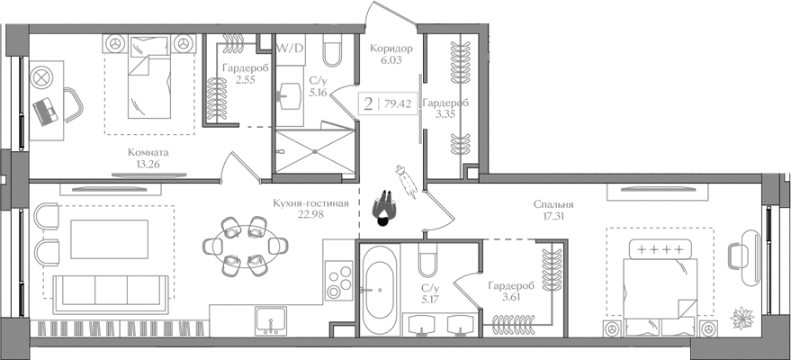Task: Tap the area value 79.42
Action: [398, 103]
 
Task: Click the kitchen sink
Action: [269, 320]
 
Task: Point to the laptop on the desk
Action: [45, 111]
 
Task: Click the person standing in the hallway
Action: [383, 210]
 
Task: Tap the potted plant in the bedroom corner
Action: [744, 318]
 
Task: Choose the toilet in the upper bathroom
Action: [330, 55]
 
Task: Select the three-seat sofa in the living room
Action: [109, 289]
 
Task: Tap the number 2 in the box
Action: [368, 103]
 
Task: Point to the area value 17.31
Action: [553, 217]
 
